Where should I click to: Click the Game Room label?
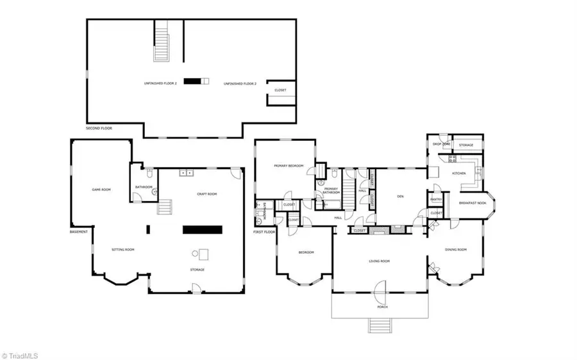101,190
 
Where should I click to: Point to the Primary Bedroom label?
287,167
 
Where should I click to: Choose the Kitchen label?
460,174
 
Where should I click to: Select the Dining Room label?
456,249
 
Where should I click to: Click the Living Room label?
380,261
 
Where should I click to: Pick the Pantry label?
435,199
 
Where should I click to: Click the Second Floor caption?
99,128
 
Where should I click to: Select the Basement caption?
79,231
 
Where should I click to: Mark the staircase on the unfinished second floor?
162,40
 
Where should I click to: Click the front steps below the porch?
379,325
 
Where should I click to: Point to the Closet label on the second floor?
280,90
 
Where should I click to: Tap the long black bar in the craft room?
203,229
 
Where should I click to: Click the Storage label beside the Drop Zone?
466,145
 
